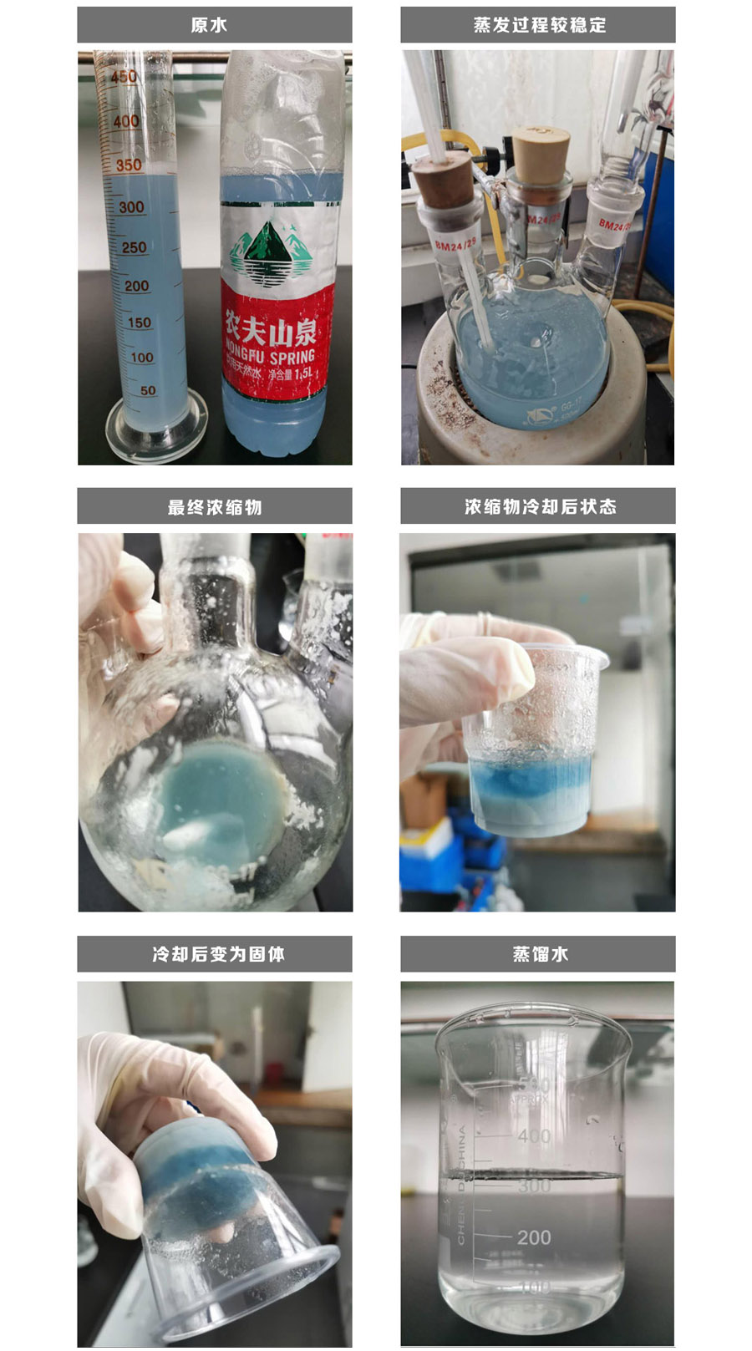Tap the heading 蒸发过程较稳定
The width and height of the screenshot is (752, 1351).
coord(539,25)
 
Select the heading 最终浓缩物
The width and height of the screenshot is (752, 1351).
coord(215,507)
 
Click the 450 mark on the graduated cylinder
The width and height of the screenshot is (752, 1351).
coord(124,77)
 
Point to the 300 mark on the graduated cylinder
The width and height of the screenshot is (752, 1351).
coord(131,207)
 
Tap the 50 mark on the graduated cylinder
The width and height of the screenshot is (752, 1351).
coord(148,390)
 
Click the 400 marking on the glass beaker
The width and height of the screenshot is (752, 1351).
coord(533,1136)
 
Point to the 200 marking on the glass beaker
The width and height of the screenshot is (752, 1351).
coord(533,1237)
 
